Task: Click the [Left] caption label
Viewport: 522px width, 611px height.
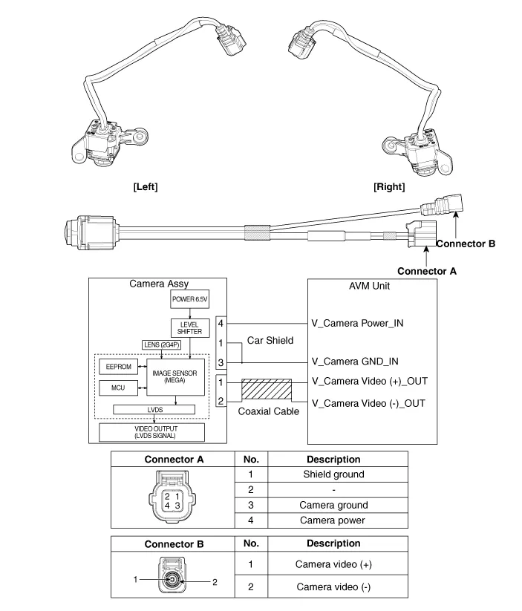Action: pyautogui.click(x=145, y=187)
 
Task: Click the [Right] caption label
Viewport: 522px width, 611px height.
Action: pyautogui.click(x=389, y=187)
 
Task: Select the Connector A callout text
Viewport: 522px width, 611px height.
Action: pyautogui.click(x=427, y=271)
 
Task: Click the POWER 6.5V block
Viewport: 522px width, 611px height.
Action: pyautogui.click(x=190, y=300)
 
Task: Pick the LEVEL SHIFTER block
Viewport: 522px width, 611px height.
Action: pyautogui.click(x=190, y=327)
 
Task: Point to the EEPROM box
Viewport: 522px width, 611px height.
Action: pyautogui.click(x=119, y=367)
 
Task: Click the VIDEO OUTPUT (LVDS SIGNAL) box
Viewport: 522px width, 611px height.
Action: pyautogui.click(x=155, y=431)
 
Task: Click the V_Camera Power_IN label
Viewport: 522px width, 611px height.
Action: pyautogui.click(x=358, y=323)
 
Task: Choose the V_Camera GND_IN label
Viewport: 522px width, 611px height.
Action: pyautogui.click(x=356, y=362)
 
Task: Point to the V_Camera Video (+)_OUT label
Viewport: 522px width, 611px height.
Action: pyautogui.click(x=370, y=382)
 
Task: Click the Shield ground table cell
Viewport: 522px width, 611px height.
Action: pyautogui.click(x=333, y=474)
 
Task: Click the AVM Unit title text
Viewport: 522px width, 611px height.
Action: pyautogui.click(x=369, y=287)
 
